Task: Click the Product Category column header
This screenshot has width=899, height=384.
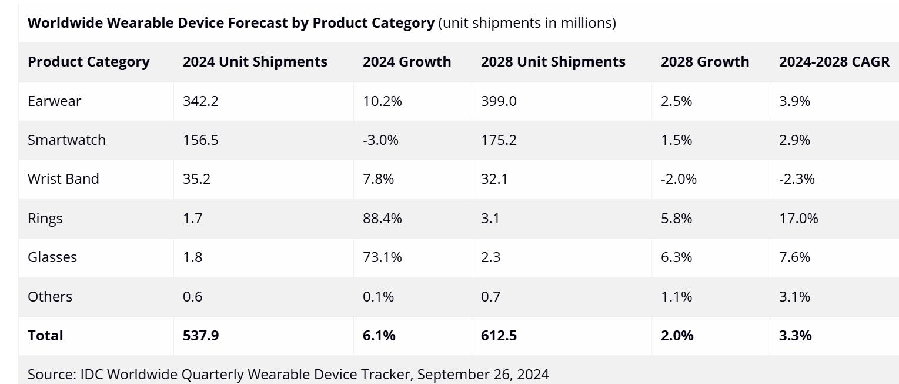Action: click(x=88, y=62)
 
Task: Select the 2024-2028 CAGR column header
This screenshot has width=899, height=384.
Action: click(x=834, y=62)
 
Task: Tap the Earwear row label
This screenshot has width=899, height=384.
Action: click(x=54, y=101)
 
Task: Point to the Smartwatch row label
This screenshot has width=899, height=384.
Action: click(x=66, y=140)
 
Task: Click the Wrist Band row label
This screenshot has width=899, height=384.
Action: click(x=63, y=179)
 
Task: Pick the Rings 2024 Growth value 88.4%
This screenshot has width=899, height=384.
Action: click(x=382, y=219)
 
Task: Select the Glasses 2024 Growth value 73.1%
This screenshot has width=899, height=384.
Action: click(x=382, y=257)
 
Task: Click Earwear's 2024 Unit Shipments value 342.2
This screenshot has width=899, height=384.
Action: click(x=200, y=101)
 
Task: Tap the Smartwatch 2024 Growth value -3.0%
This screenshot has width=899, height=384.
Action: click(x=380, y=140)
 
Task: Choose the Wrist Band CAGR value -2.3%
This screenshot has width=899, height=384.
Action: click(x=797, y=179)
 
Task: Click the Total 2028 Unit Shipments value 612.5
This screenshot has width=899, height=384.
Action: click(x=499, y=336)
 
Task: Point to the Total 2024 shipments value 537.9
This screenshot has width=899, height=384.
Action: click(x=200, y=336)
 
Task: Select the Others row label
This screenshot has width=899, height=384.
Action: click(x=50, y=296)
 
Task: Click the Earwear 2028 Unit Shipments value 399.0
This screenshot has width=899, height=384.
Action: click(x=499, y=101)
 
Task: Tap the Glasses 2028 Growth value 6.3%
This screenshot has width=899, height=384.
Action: click(x=676, y=257)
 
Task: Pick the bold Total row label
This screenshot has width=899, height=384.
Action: click(x=45, y=336)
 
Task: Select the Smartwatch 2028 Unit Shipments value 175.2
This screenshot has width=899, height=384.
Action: click(x=499, y=140)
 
